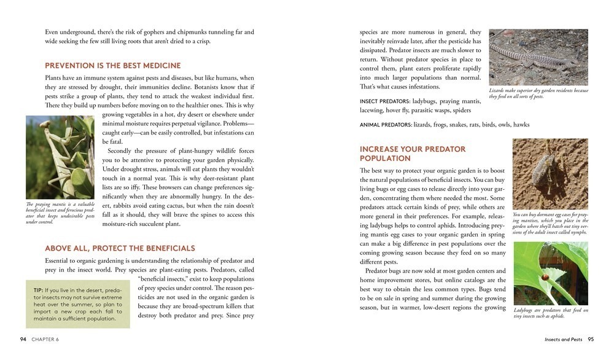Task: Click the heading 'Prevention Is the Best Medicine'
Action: coord(113,66)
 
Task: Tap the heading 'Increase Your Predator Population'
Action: coord(413,154)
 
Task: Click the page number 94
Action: coord(23,338)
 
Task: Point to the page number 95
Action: coord(590,338)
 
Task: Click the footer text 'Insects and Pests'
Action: coord(563,338)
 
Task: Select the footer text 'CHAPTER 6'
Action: coord(47,338)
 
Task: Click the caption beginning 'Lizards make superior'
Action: coord(538,93)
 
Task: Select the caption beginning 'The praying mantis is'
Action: coord(60,213)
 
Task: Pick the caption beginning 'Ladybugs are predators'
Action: coord(550,313)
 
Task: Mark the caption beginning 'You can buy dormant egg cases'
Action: coord(550,224)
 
